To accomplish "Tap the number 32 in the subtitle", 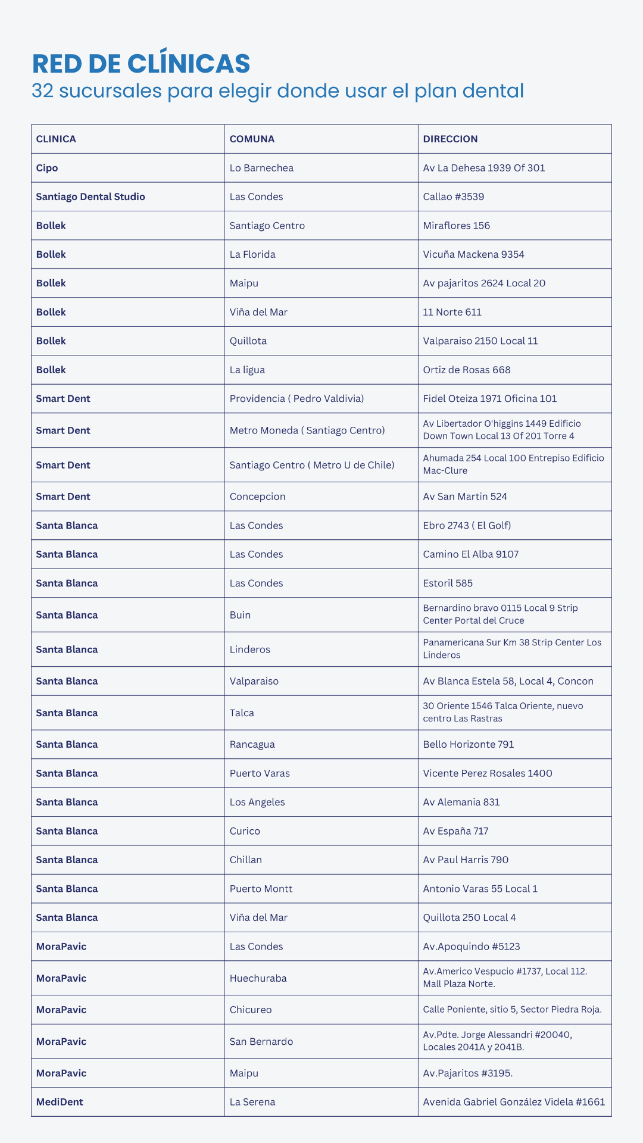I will pyautogui.click(x=43, y=91).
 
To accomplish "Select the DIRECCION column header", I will pyautogui.click(x=450, y=139).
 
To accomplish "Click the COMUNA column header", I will pyautogui.click(x=252, y=139).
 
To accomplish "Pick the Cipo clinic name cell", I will pyautogui.click(x=47, y=168).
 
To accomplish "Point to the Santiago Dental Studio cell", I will pyautogui.click(x=90, y=196).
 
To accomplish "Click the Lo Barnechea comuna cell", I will pyautogui.click(x=261, y=168).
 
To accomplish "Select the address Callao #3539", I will pyautogui.click(x=453, y=196).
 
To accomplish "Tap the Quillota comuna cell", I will pyautogui.click(x=248, y=341).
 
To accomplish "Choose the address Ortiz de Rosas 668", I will pyautogui.click(x=467, y=370).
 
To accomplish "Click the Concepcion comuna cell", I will pyautogui.click(x=257, y=496).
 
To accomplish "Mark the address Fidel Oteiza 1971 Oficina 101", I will pyautogui.click(x=490, y=398).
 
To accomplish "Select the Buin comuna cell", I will pyautogui.click(x=240, y=615).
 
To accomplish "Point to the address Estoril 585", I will pyautogui.click(x=448, y=583).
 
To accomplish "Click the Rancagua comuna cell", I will pyautogui.click(x=252, y=744).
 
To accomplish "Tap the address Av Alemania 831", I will pyautogui.click(x=461, y=802).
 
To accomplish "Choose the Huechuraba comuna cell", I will pyautogui.click(x=258, y=978).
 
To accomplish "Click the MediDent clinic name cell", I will pyautogui.click(x=60, y=1102).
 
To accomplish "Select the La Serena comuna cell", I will pyautogui.click(x=252, y=1102).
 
